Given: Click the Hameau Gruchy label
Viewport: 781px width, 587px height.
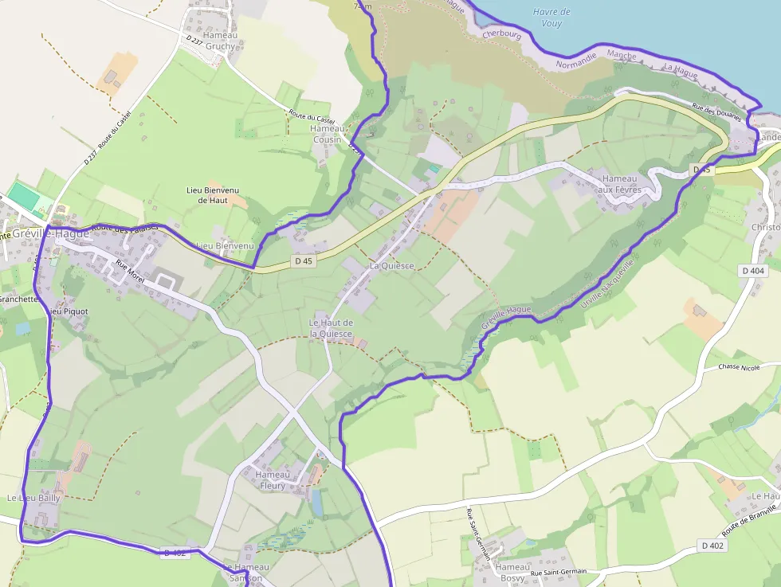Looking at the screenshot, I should (x=221, y=41).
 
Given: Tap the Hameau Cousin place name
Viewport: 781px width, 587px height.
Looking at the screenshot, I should (x=327, y=134).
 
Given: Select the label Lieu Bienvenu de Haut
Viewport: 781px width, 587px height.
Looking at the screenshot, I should (x=213, y=195).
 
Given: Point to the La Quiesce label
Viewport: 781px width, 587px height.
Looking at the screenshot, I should (x=391, y=265).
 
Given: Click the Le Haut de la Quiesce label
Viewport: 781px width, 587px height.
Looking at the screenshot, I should (x=332, y=327).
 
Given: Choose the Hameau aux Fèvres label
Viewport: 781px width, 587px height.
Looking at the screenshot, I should (x=621, y=184).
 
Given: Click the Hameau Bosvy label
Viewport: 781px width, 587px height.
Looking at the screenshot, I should (x=512, y=572).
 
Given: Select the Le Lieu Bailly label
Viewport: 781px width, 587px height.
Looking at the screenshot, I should (x=33, y=497).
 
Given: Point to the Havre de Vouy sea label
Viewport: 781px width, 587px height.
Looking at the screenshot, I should (x=551, y=18).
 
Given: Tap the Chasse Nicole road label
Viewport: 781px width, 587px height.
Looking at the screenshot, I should (x=739, y=367).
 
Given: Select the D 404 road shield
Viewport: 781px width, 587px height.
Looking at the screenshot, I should (x=753, y=271).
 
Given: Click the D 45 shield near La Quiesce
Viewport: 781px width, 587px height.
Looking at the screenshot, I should (x=303, y=260).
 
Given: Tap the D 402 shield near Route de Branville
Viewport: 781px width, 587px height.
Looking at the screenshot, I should (x=714, y=546).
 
